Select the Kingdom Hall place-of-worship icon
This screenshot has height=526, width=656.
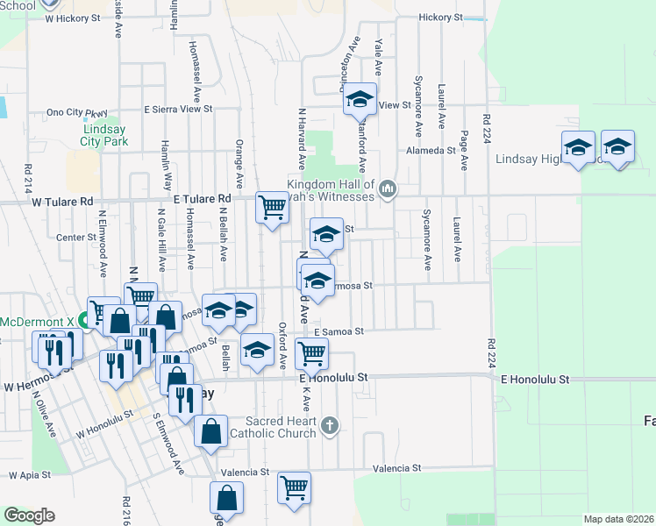tap(387, 188)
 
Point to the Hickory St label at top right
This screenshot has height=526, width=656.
tap(440, 17)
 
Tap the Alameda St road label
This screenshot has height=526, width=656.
tap(431, 150)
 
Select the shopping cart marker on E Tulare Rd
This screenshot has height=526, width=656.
tap(272, 208)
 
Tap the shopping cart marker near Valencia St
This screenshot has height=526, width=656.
tap(294, 487)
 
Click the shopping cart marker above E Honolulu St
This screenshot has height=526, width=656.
tap(312, 354)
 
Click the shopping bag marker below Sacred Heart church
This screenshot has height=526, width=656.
tap(212, 431)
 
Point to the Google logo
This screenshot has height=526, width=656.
tap(29, 515)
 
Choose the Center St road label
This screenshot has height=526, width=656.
tap(75, 237)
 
